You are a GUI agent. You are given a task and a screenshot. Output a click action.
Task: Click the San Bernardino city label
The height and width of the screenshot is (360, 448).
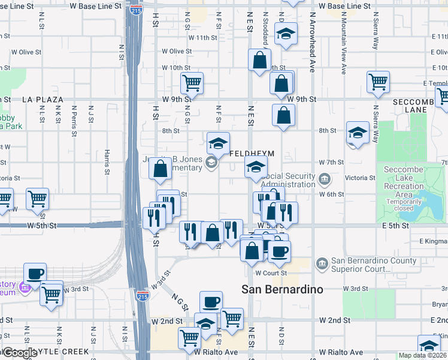coord(282,289)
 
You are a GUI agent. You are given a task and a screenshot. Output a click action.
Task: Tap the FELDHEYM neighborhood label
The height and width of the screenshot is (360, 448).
coord(252,154)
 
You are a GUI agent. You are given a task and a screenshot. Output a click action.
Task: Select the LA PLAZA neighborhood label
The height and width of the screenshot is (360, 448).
coord(43,99)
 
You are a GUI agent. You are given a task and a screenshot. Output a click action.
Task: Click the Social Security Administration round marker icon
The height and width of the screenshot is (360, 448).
coord(324,178)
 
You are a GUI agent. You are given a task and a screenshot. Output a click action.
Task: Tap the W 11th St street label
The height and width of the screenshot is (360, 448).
coord(202,37)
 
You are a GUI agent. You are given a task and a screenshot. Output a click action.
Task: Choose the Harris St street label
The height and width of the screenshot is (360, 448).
coord(107,161)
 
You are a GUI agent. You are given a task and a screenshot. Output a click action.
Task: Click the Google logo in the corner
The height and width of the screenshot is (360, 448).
coord(19,353)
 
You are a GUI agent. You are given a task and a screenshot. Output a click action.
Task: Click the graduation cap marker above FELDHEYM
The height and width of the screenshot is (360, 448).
coord(219,143)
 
